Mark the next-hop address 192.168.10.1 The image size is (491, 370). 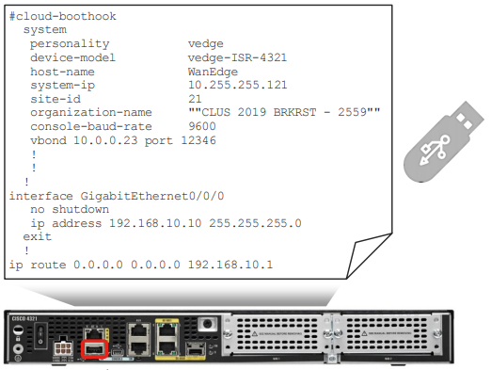point(230,265)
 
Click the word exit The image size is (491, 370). point(38,237)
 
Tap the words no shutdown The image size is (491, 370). point(69,209)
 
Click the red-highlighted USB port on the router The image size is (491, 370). point(94,349)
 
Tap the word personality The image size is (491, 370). point(70,43)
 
